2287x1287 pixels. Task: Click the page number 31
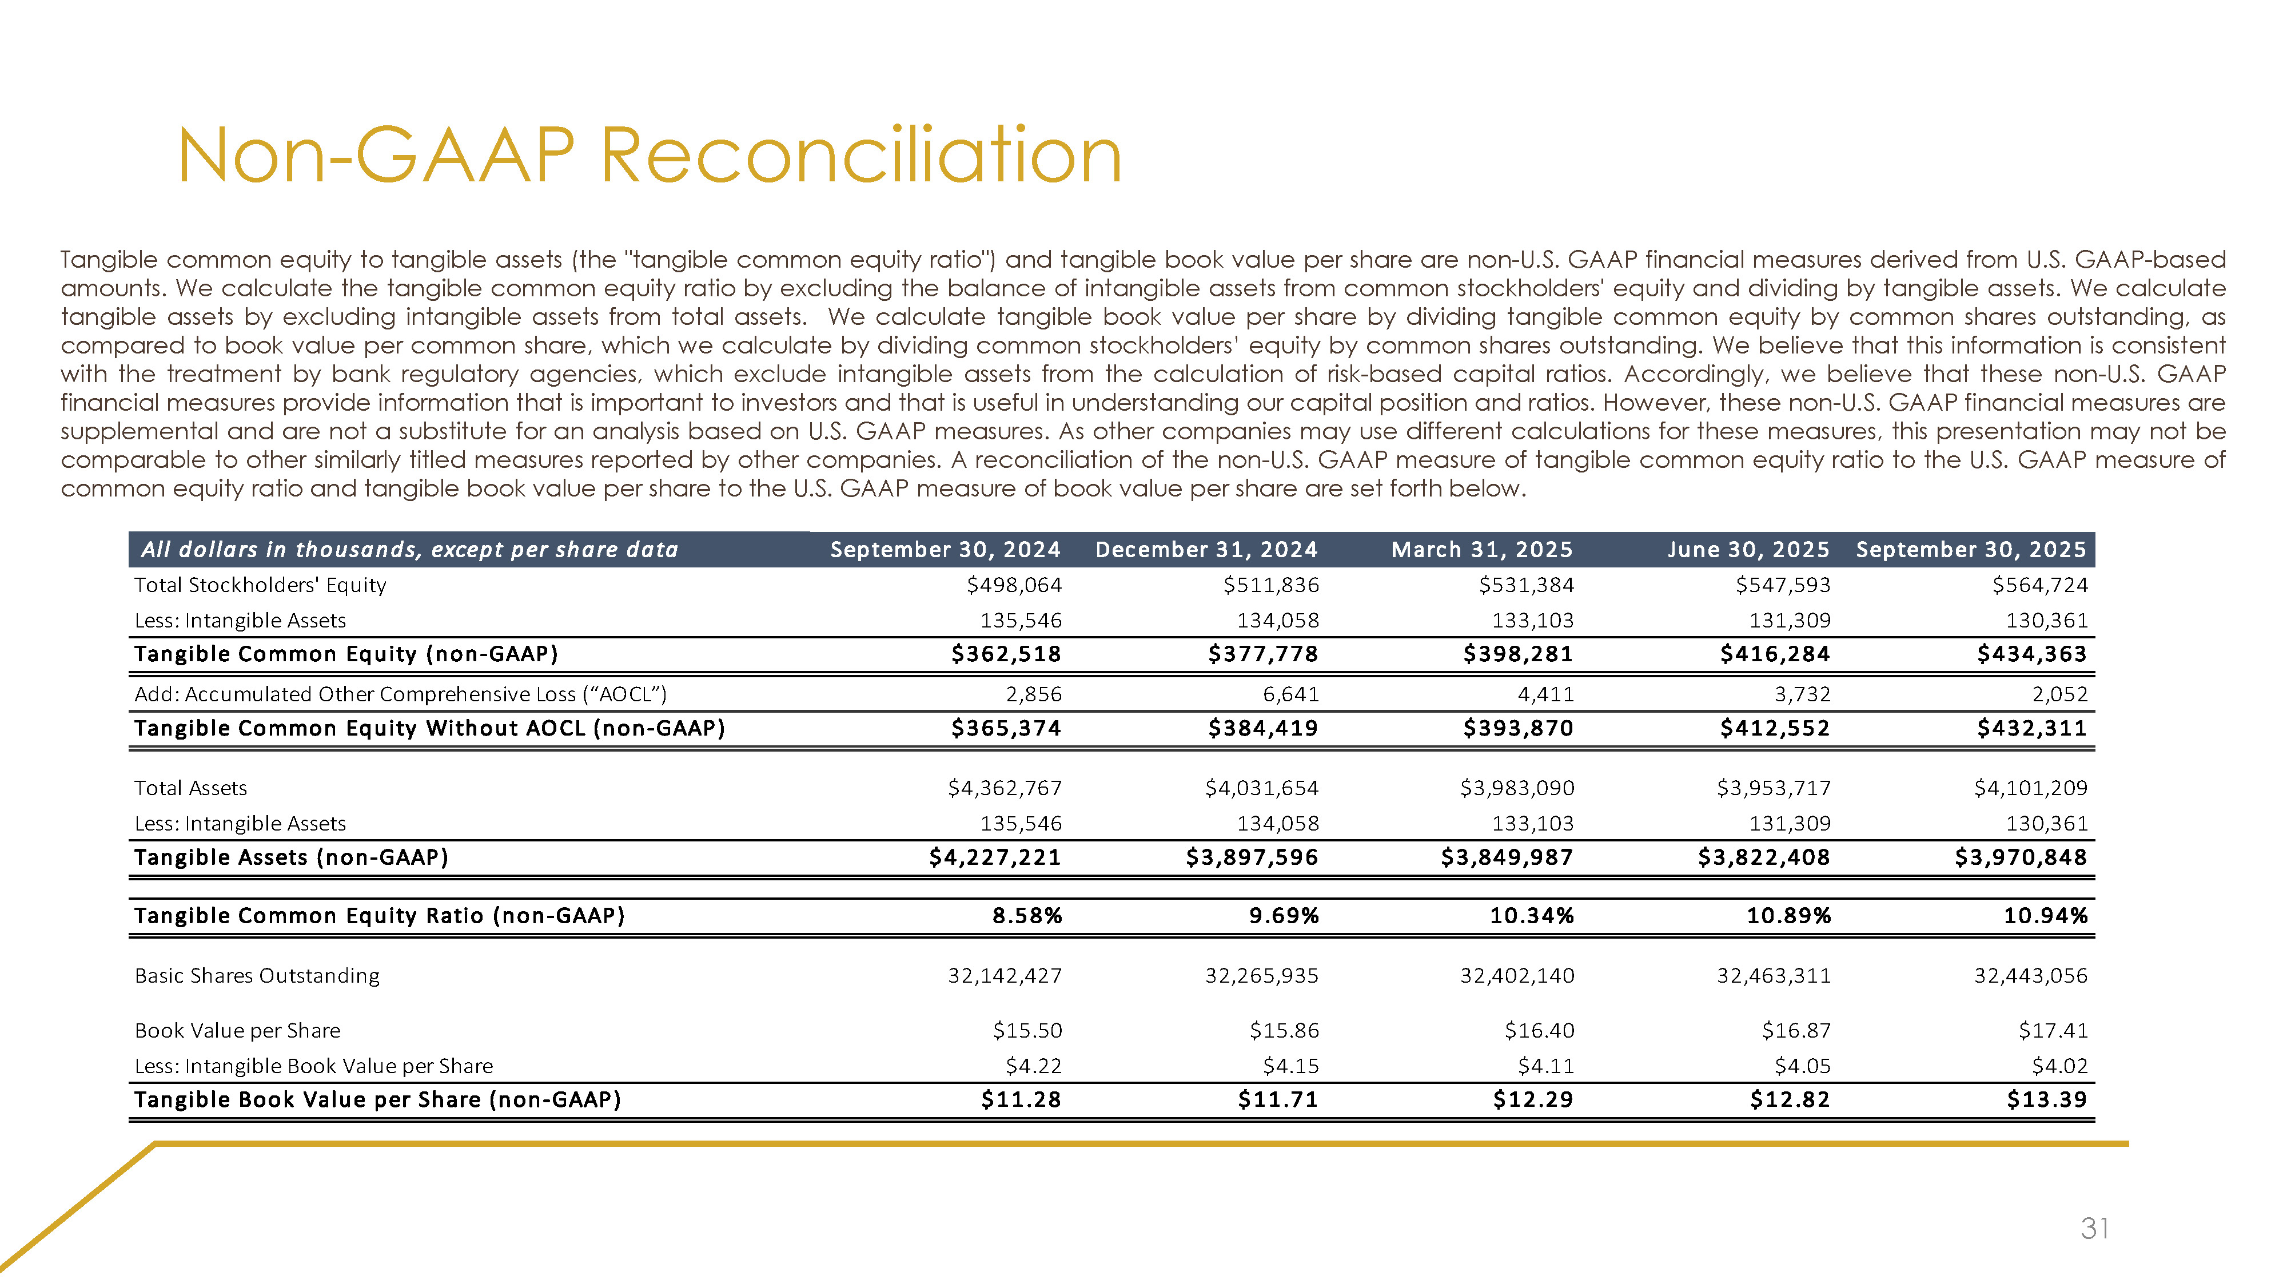coord(2094,1229)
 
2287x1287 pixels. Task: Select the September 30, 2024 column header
coord(945,550)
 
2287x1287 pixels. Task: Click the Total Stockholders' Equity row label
coord(260,585)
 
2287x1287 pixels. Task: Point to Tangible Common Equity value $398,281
coord(1517,654)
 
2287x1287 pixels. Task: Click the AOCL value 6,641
coord(1289,694)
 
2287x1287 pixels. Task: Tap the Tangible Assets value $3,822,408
coord(1763,858)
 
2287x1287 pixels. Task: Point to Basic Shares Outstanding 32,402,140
coord(1516,976)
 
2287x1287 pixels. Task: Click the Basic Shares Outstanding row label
coord(257,976)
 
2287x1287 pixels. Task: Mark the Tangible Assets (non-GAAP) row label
coord(290,858)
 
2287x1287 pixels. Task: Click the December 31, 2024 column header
coord(1206,550)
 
